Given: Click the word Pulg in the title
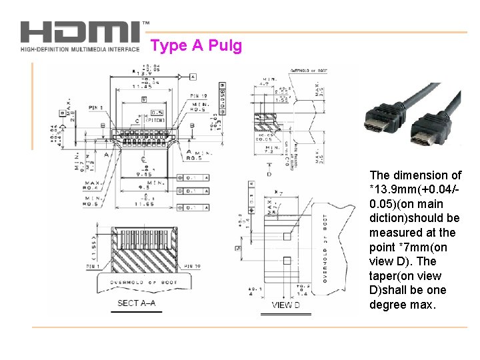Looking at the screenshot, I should [225, 46].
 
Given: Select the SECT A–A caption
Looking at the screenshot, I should [136, 303].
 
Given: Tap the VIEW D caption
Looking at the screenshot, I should [285, 305].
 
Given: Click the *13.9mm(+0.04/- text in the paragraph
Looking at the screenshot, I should [413, 189].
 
